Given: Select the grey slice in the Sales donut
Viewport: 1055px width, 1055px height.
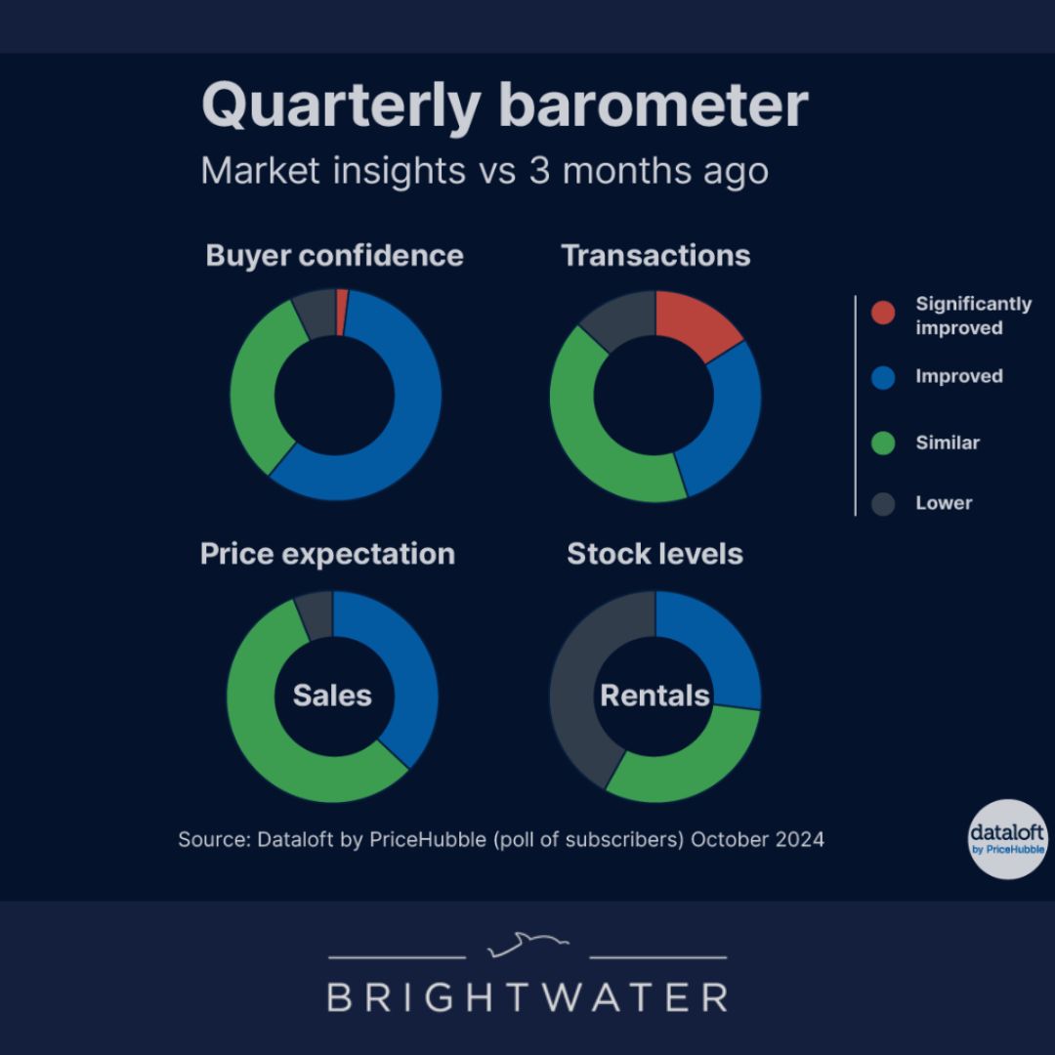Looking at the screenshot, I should [x=315, y=614].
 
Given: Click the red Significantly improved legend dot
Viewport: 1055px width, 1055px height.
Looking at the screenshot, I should [x=883, y=314].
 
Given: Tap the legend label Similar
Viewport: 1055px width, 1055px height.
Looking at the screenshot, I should [x=947, y=443].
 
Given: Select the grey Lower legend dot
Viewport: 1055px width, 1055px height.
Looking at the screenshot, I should [x=883, y=504].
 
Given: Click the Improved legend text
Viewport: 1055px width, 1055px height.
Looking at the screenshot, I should [x=958, y=376].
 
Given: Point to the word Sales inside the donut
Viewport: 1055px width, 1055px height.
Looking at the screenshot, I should [x=332, y=696].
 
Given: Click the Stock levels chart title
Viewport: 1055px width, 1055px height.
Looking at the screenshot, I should [x=654, y=554].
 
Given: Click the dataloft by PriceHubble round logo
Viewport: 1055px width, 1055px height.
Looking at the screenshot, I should [x=1007, y=839].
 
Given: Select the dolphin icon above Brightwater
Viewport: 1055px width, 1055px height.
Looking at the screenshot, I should [x=527, y=944].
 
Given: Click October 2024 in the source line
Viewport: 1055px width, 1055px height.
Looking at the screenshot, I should [x=757, y=839].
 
